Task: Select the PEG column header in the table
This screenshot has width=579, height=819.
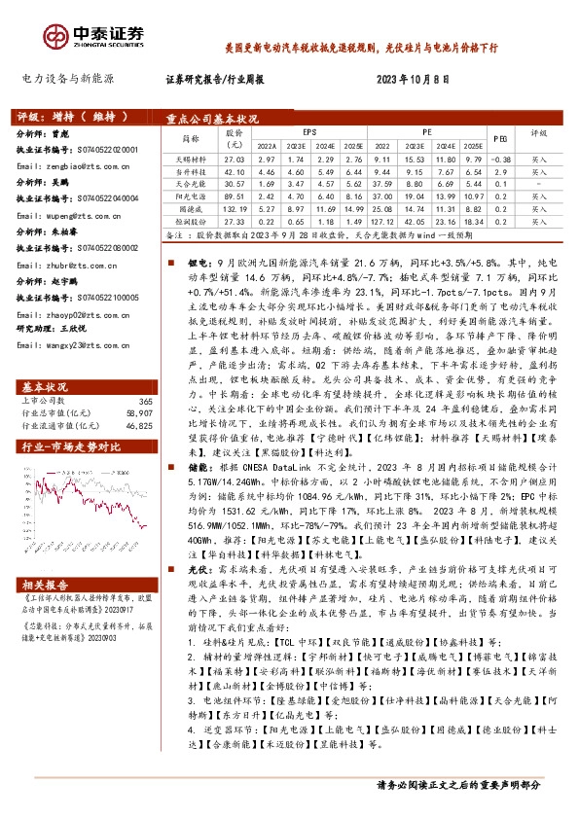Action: pos(500,138)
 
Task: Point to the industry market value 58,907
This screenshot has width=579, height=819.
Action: pos(140,386)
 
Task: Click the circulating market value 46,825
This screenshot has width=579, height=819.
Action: pos(140,398)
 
